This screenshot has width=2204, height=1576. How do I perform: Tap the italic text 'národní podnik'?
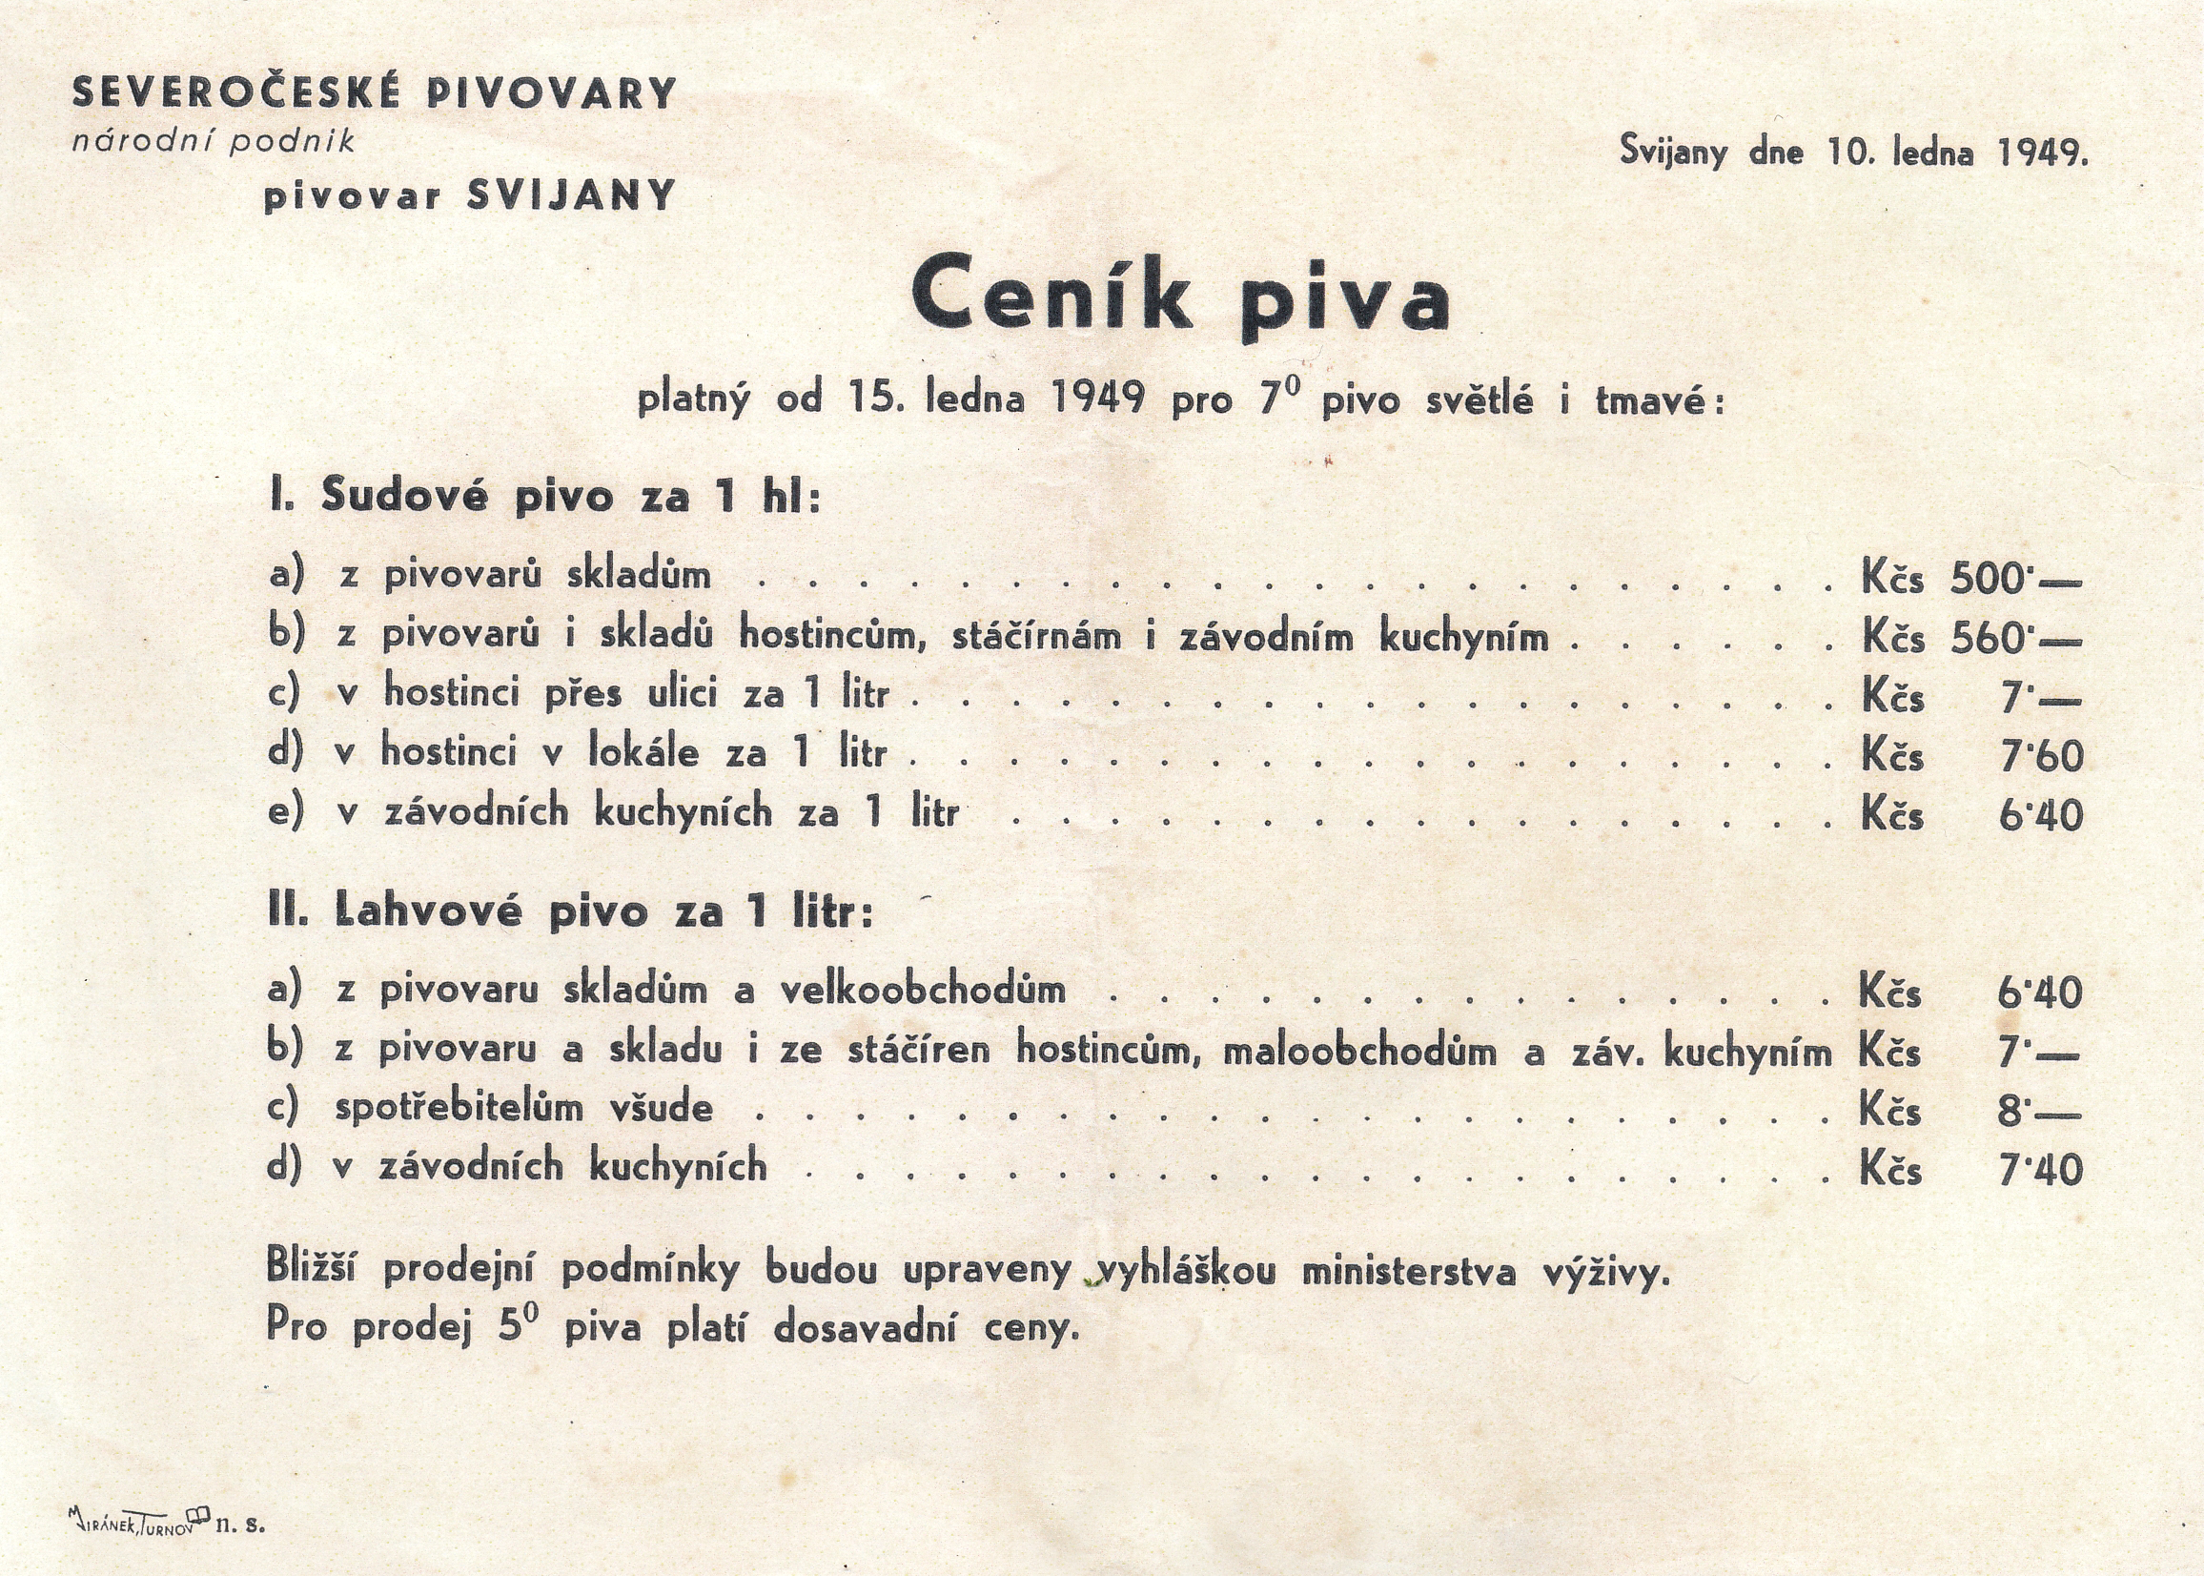coord(214,143)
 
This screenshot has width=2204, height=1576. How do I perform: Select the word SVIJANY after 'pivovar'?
coord(570,197)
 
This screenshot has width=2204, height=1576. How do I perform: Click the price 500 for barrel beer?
coord(1989,580)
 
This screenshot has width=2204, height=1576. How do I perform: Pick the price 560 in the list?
coord(1989,639)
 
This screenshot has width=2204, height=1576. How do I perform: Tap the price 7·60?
coord(2041,756)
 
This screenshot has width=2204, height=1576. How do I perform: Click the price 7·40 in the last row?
coord(2041,1171)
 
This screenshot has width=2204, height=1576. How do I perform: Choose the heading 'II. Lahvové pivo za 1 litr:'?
coord(570,912)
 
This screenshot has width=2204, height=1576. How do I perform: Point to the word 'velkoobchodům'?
coord(923,991)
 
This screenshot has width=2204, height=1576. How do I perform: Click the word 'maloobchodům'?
coord(1359,1051)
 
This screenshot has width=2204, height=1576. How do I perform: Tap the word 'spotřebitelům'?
coord(459,1109)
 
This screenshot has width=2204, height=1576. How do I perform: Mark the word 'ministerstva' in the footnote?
coord(1409,1271)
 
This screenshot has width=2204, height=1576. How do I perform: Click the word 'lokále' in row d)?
coord(643,752)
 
